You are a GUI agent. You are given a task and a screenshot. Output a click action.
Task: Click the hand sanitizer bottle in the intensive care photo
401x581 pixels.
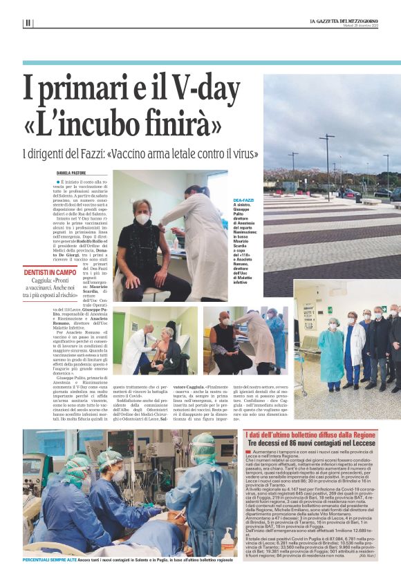[x=227, y=539]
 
